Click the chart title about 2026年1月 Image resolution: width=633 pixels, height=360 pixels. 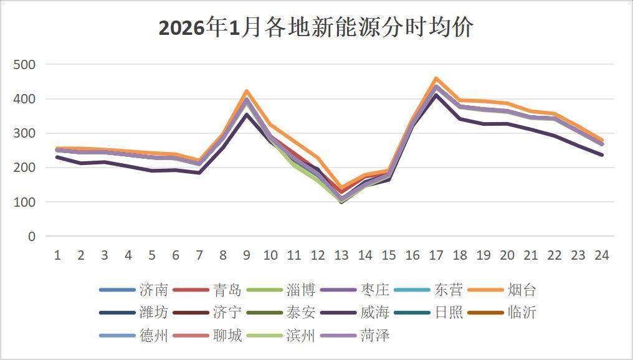pos(316,28)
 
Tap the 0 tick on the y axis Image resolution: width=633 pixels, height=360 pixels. pos(32,237)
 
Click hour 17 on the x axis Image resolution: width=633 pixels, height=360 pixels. pos(435,255)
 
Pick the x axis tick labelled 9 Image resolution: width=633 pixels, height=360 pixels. pos(247,255)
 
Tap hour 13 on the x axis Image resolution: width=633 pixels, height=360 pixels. pos(341,255)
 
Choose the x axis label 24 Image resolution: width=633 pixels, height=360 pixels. pos(601,255)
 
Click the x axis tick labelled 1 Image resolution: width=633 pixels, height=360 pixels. pos(57,255)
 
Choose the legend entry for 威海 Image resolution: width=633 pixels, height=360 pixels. pos(374,313)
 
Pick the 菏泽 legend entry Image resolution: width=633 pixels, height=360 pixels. pos(374,336)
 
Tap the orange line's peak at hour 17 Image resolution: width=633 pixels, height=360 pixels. pos(435,78)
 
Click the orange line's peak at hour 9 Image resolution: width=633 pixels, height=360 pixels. pos(247,91)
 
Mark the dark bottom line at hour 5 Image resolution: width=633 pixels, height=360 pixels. pos(152,171)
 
